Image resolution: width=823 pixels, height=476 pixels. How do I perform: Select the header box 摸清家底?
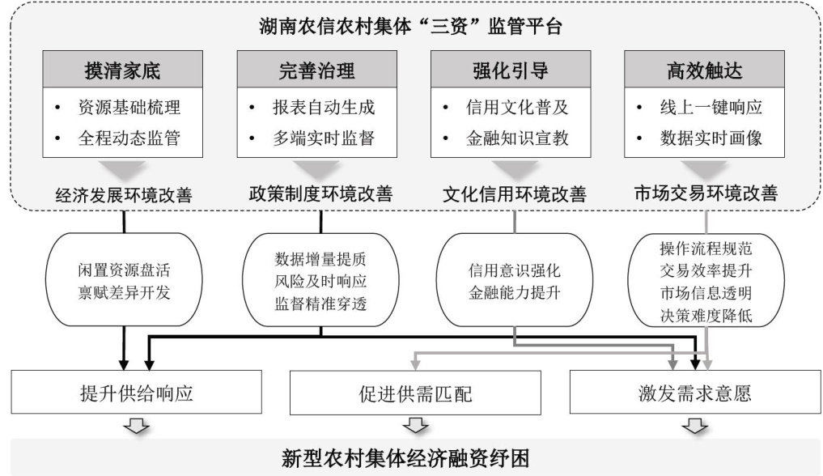[123, 70]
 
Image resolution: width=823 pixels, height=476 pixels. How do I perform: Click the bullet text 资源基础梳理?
[129, 107]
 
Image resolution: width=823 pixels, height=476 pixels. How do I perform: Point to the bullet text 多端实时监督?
[323, 138]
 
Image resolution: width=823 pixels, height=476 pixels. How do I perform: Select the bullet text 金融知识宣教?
[517, 138]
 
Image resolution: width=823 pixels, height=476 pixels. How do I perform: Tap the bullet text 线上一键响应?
[711, 107]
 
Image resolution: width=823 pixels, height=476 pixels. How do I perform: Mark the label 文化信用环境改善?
[515, 195]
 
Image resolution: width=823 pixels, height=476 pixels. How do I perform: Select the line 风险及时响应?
[321, 283]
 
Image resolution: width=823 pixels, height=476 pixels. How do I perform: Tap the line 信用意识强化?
[515, 270]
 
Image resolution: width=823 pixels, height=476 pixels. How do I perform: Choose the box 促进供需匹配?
[415, 394]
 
